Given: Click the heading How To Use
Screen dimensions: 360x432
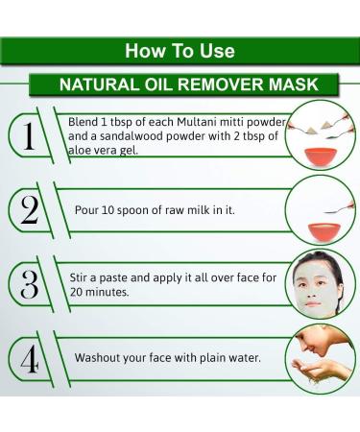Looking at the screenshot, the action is pyautogui.click(x=180, y=51).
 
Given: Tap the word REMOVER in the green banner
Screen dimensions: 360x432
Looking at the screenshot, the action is pyautogui.click(x=221, y=84).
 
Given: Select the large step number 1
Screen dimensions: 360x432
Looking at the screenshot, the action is pyautogui.click(x=29, y=136).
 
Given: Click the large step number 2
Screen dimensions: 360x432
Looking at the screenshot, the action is pyautogui.click(x=30, y=209).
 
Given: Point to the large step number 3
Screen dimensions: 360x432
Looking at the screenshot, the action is pyautogui.click(x=30, y=284).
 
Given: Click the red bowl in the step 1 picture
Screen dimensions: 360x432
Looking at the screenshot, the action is pyautogui.click(x=320, y=156).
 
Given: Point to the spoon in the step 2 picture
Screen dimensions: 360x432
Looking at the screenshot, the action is pyautogui.click(x=339, y=208).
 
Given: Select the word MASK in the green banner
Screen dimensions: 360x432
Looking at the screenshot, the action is pyautogui.click(x=294, y=84).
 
